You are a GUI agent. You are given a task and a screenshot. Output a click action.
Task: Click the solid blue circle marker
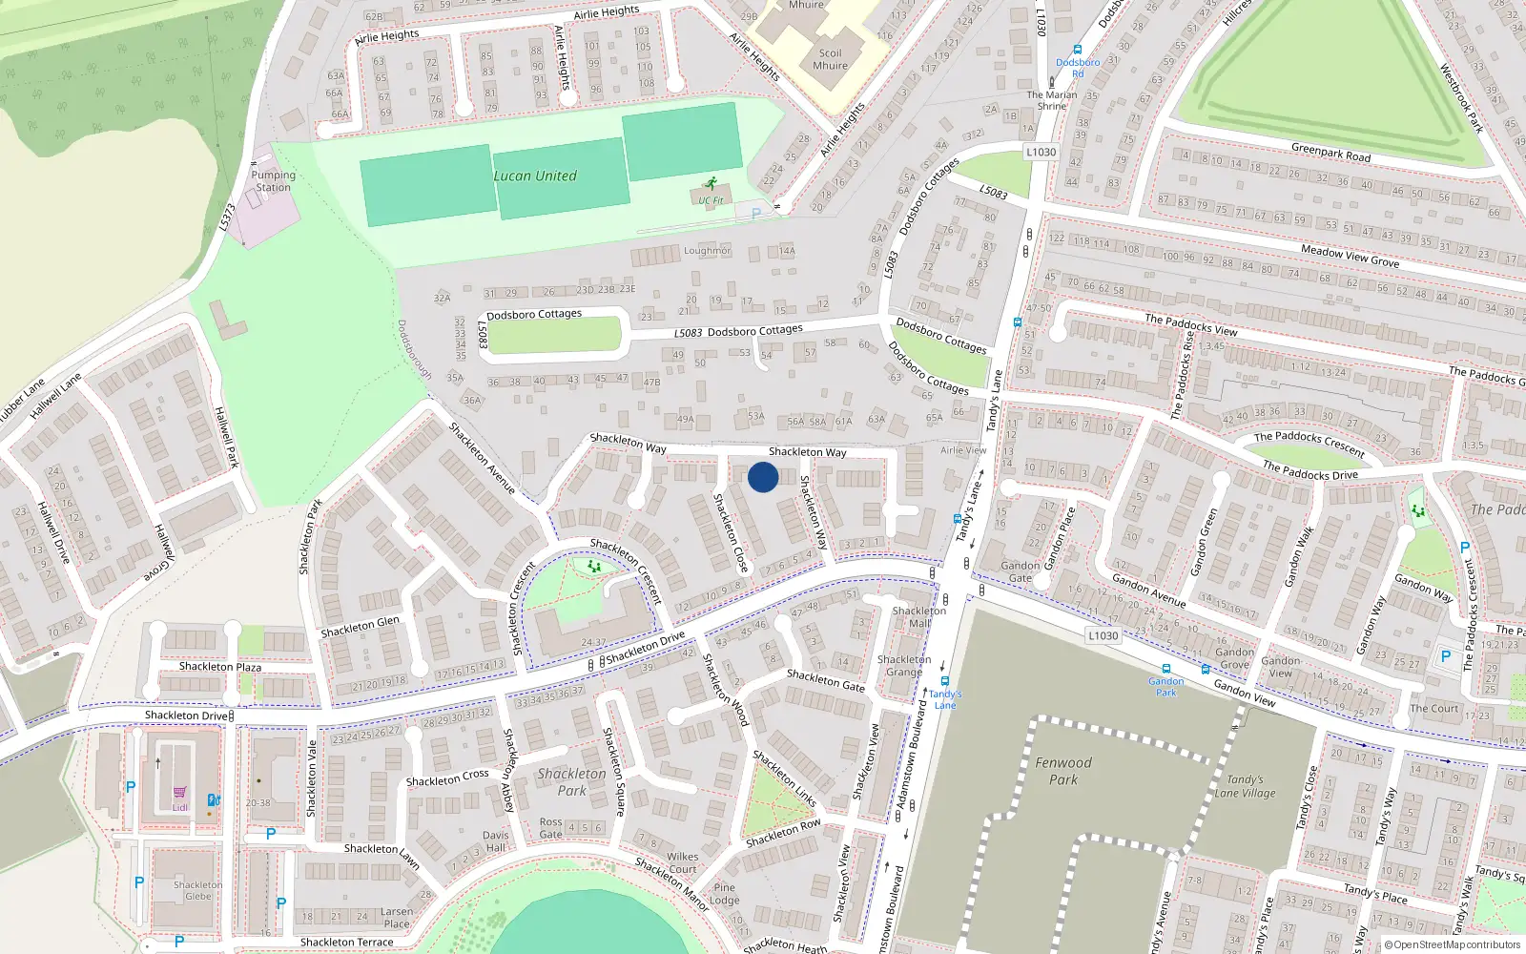(763, 477)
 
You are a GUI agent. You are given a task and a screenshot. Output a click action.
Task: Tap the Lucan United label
(535, 176)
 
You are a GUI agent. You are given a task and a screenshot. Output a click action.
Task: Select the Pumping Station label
(274, 181)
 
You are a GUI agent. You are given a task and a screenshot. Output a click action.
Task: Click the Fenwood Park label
(1063, 771)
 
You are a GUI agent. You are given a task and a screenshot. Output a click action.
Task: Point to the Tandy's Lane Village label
(1245, 786)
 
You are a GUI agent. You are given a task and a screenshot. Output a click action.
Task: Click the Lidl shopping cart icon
(179, 793)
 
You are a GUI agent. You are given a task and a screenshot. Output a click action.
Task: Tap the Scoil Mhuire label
(830, 59)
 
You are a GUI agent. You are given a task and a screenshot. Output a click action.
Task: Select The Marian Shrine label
(1052, 100)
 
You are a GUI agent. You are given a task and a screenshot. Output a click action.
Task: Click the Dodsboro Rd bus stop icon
(1078, 50)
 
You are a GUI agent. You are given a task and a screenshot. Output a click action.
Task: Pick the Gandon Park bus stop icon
(1166, 670)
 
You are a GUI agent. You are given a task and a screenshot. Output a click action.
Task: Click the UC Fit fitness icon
(710, 183)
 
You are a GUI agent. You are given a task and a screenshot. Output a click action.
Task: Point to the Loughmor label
(707, 251)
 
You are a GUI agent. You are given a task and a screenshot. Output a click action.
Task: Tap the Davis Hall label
(496, 841)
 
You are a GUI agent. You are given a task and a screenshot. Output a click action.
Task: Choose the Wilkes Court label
(682, 862)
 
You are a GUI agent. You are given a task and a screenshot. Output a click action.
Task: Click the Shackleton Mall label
(919, 616)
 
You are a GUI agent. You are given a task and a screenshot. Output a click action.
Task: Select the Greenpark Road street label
(1330, 153)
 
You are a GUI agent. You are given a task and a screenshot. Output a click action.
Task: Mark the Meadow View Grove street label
(1350, 256)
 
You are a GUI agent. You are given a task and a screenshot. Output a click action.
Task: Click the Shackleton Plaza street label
(220, 666)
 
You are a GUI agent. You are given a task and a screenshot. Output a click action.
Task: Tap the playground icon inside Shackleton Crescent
(594, 567)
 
